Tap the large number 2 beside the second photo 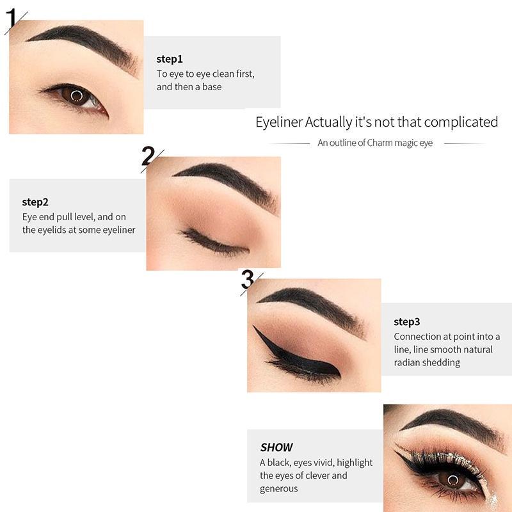[148, 156]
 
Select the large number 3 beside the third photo [248, 279]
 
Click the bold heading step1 [170, 59]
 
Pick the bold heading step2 [35, 202]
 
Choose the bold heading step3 [407, 322]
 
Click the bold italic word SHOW [276, 447]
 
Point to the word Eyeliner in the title [279, 122]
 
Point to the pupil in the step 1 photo [76, 97]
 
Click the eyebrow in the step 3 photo [314, 306]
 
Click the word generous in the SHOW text [279, 489]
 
